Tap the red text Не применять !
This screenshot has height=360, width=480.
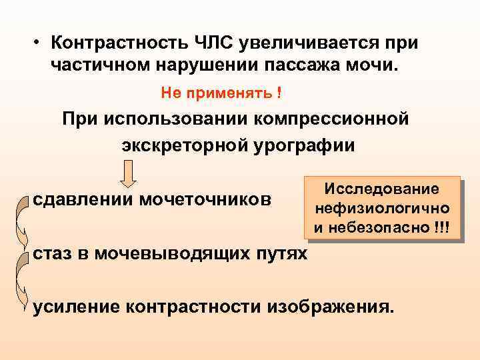click(x=221, y=93)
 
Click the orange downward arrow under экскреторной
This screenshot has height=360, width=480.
click(x=130, y=175)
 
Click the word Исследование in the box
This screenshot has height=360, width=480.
click(x=382, y=189)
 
